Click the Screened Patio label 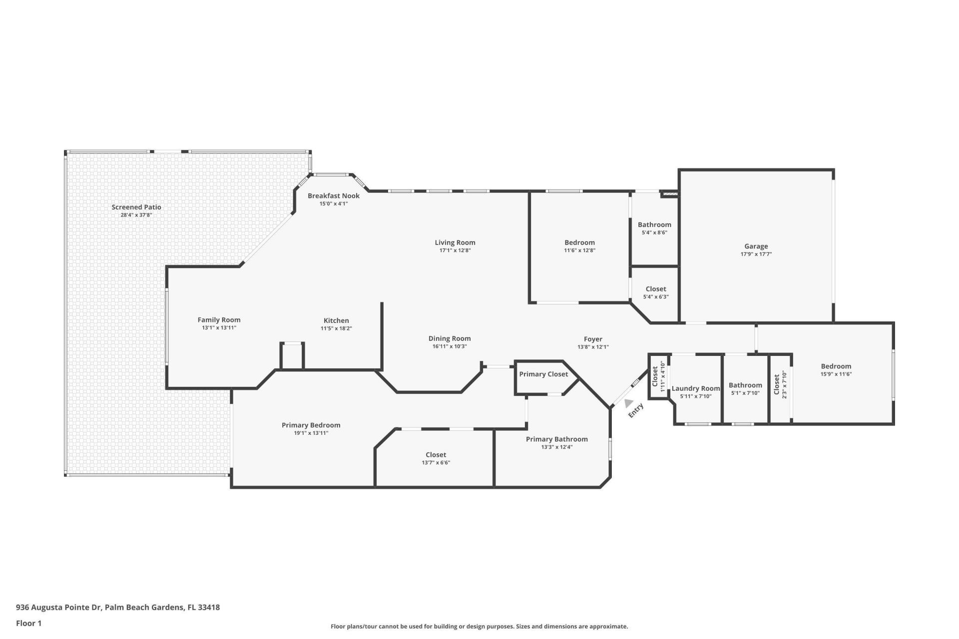[136, 207]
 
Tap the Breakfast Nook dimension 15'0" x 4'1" [334, 204]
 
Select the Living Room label [455, 243]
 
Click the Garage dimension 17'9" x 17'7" [756, 254]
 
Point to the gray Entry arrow [628, 402]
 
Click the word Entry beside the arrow [636, 410]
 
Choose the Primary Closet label [543, 374]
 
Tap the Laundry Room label [695, 388]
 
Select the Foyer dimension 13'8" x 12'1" [593, 347]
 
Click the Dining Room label [450, 338]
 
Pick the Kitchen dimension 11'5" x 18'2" [336, 328]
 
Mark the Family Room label [219, 320]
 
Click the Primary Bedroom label [311, 425]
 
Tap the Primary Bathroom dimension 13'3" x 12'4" [556, 447]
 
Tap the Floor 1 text [28, 623]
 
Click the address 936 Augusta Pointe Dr [58, 608]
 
